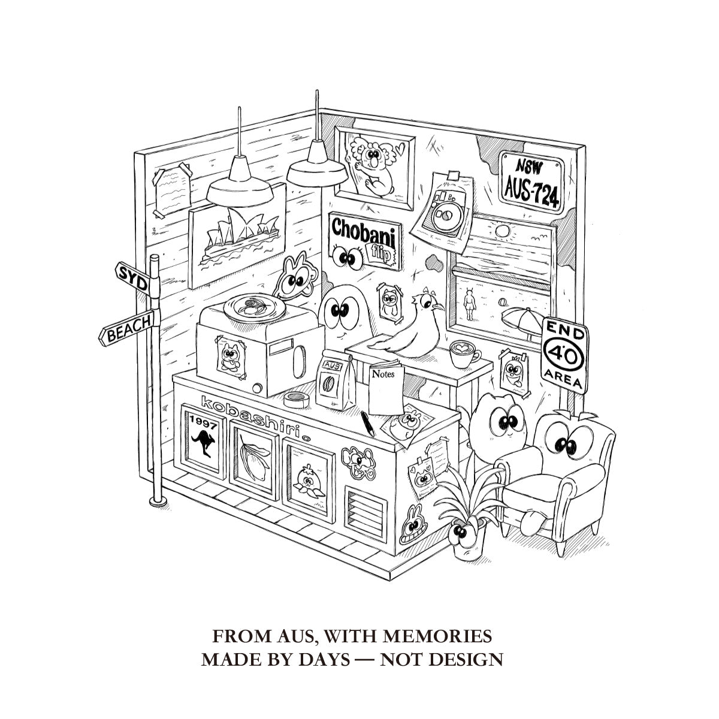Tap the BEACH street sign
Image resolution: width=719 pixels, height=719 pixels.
[126, 327]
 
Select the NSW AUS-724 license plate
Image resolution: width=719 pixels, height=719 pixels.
[532, 182]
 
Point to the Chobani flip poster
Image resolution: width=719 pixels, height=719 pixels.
[365, 240]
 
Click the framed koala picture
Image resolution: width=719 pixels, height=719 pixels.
[374, 168]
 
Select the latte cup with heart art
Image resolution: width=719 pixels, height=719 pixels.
[464, 354]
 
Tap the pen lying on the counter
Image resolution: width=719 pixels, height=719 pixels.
[367, 424]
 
